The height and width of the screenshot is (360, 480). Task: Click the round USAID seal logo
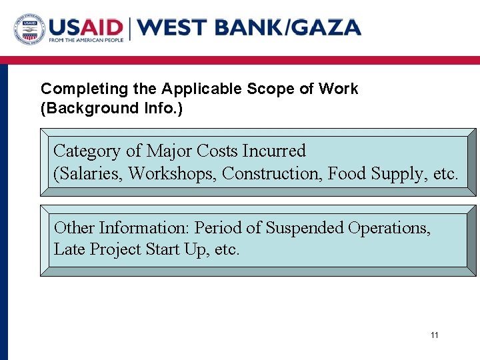click(29, 29)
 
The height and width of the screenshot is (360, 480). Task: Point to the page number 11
click(435, 335)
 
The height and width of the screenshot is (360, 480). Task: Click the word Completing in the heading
click(75, 89)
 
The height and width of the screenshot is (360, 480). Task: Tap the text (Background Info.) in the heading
click(111, 108)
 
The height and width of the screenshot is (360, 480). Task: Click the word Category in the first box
click(87, 151)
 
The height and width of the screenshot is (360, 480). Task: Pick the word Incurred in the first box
click(274, 151)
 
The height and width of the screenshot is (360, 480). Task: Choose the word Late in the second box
click(67, 250)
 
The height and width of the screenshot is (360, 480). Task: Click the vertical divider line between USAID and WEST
click(131, 28)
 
